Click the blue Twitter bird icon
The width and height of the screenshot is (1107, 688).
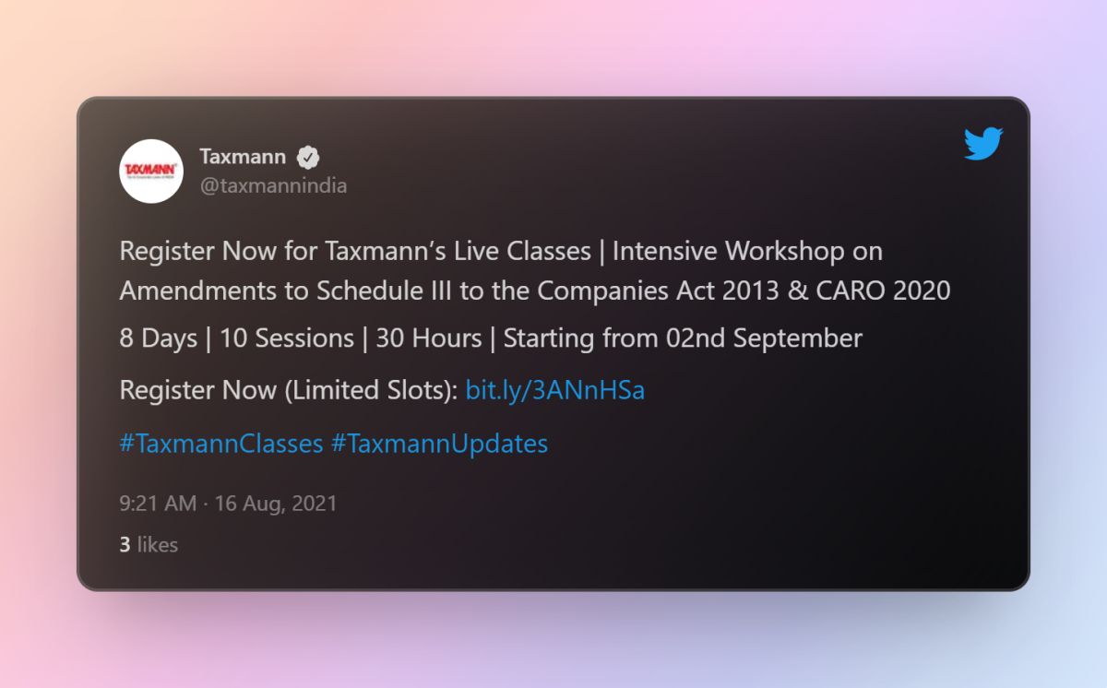tap(983, 144)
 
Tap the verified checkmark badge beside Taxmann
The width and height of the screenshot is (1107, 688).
tap(308, 158)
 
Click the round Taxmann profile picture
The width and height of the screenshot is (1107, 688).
tap(151, 172)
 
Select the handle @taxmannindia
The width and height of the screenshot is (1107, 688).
tap(273, 186)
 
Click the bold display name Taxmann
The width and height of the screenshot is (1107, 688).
tap(243, 157)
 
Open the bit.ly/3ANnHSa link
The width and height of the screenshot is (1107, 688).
tap(555, 390)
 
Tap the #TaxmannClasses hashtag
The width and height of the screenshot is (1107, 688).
tap(221, 443)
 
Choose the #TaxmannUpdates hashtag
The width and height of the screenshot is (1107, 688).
tap(439, 444)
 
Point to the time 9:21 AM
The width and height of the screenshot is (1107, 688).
tap(158, 504)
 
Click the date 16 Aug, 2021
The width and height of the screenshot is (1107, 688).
tap(276, 504)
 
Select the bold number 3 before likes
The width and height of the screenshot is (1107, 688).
tap(125, 545)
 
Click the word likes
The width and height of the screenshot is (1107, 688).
tap(157, 544)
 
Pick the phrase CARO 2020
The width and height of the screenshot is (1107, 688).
tap(883, 291)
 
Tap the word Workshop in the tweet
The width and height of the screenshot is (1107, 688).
tap(785, 251)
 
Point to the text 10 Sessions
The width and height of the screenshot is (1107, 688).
tap(287, 338)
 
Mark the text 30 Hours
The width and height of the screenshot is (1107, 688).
tap(429, 338)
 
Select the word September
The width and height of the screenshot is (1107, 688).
tap(798, 338)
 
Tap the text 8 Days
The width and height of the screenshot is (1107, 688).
tap(158, 338)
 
